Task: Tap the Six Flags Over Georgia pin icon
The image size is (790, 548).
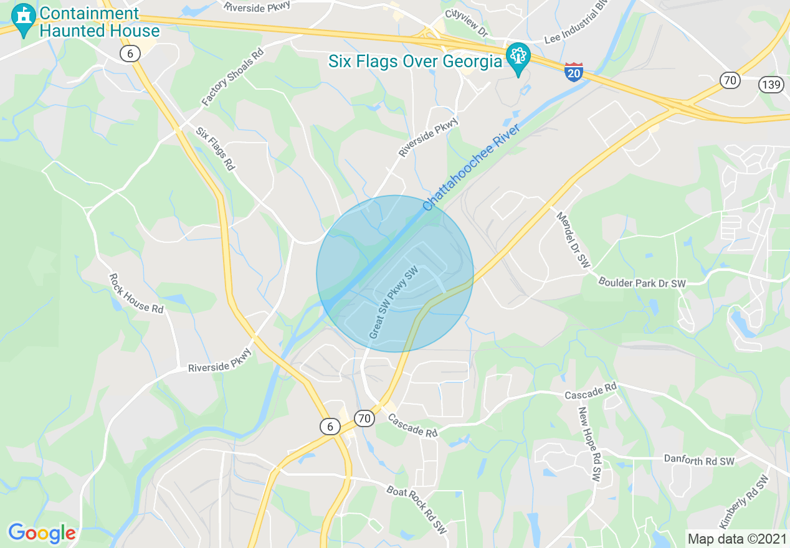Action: click(x=518, y=59)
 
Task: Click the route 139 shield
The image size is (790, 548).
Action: click(x=772, y=85)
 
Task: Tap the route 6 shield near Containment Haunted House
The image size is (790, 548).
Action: click(x=129, y=54)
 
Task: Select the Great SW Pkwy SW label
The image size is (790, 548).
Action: click(x=393, y=303)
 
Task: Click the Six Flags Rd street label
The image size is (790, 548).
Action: click(x=215, y=149)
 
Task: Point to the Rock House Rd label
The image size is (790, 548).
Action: click(x=136, y=293)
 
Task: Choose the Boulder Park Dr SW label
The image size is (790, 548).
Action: click(x=642, y=282)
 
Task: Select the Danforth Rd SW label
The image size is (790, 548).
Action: click(x=699, y=460)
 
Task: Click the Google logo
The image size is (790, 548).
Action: click(x=42, y=533)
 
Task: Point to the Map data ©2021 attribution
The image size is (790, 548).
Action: click(x=736, y=538)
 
